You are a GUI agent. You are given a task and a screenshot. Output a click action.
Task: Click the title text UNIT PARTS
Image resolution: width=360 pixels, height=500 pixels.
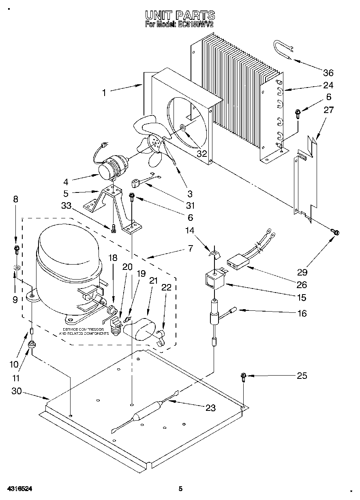[180, 16]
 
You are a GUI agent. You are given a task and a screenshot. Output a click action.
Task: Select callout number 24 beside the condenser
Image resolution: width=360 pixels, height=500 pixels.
[328, 85]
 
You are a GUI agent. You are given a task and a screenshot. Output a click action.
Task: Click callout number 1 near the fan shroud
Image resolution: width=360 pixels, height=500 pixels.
[104, 92]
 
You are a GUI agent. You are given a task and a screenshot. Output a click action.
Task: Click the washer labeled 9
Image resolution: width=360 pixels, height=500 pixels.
[17, 267]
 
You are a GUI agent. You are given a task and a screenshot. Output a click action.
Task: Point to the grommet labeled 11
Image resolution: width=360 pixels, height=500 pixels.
[32, 345]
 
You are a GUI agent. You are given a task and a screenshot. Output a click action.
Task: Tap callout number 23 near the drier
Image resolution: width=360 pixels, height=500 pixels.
[210, 408]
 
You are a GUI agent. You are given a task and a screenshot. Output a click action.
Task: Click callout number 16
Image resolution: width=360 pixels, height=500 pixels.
[302, 313]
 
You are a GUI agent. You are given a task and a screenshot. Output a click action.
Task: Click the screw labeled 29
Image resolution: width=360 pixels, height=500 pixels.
[335, 233]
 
